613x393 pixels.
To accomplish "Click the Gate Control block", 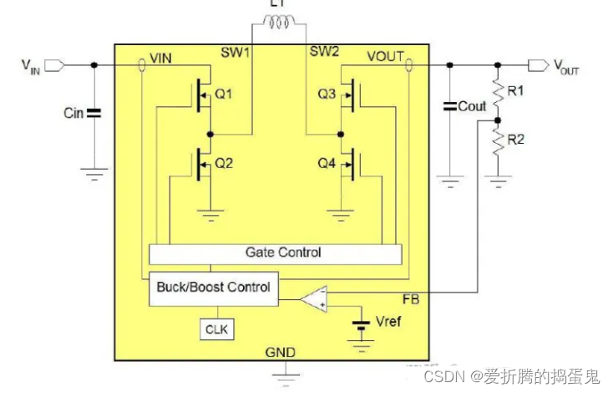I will coord(275,252).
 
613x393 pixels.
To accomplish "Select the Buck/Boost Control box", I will coord(214,287).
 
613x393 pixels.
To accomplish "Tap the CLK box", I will coord(215,329).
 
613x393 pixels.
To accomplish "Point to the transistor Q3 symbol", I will coord(350,96).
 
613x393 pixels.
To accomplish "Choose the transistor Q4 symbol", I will coord(350,164).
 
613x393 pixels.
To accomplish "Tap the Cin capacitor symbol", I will coord(94,112).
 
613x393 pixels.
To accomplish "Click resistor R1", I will coord(498,91).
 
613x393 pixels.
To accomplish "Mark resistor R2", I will coord(498,144).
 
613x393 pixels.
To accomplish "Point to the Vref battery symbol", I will coord(361,323).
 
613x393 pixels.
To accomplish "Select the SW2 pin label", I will coord(324,52).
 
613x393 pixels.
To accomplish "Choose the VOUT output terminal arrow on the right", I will coord(539,64).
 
